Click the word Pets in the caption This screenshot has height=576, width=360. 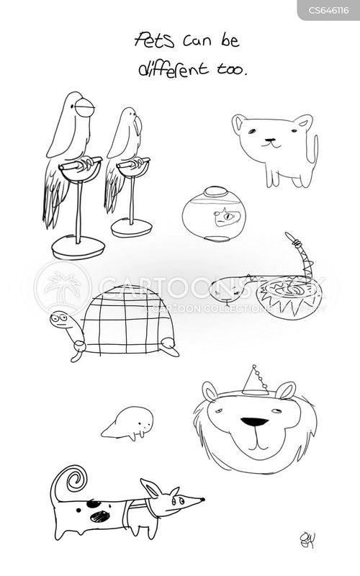pyautogui.click(x=154, y=40)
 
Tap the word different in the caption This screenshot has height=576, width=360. pyautogui.click(x=174, y=68)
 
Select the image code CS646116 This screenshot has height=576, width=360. pyautogui.click(x=328, y=10)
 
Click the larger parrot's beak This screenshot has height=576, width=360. pyautogui.click(x=85, y=107)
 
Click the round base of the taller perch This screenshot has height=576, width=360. pyautogui.click(x=78, y=248)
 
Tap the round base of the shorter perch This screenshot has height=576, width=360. pyautogui.click(x=132, y=228)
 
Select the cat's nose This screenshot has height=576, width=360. pyautogui.click(x=270, y=140)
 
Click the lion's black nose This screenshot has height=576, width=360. pyautogui.click(x=255, y=422)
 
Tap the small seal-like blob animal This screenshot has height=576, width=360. pyautogui.click(x=128, y=423)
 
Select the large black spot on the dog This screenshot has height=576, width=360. pyautogui.click(x=100, y=517)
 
